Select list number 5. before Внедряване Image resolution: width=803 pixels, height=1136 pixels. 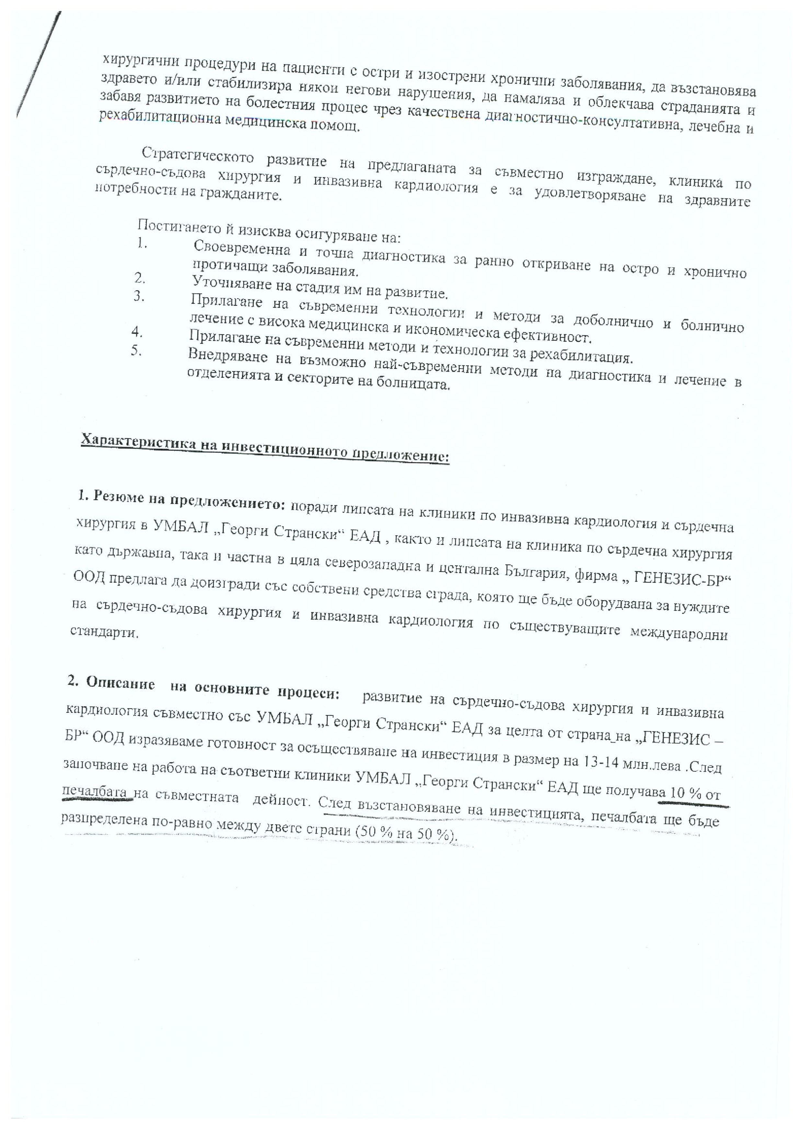(136, 350)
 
